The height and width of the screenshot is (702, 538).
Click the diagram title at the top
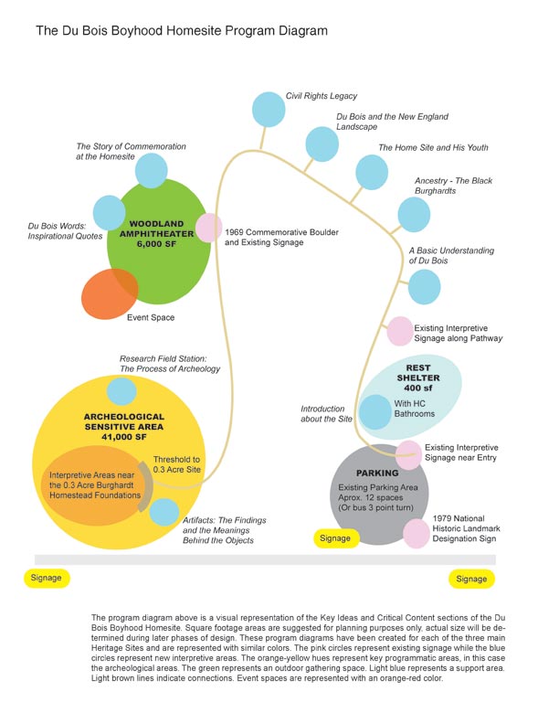[x=182, y=31]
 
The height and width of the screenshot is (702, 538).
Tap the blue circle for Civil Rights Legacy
[x=269, y=110]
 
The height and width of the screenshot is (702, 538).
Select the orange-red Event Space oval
[x=110, y=293]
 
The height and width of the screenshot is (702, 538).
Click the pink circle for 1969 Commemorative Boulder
[x=209, y=228]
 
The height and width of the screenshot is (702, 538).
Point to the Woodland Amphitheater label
[x=156, y=234]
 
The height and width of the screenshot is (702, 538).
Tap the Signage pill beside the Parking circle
[x=335, y=538]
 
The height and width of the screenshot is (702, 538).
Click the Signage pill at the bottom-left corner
[x=47, y=578]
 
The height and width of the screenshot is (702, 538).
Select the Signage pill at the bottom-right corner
[x=472, y=579]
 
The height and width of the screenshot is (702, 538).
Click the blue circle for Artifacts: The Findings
[x=164, y=512]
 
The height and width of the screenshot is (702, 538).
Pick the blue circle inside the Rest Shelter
[x=375, y=412]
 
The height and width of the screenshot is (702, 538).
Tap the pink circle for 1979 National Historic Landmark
[x=417, y=533]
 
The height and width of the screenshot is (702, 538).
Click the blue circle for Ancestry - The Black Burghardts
[x=414, y=215]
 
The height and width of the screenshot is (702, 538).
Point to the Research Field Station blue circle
[x=121, y=391]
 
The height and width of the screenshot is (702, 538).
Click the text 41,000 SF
[x=124, y=437]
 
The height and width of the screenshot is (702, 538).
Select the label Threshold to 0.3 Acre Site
[x=176, y=464]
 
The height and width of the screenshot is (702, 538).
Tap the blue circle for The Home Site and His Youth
[x=372, y=173]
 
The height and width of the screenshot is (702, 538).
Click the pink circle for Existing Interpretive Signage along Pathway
[x=400, y=331]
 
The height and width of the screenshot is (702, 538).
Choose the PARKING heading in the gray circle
[x=377, y=473]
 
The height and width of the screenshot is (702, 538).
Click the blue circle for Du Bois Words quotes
[x=109, y=213]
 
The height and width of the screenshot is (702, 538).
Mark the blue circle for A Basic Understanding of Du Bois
[x=425, y=287]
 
